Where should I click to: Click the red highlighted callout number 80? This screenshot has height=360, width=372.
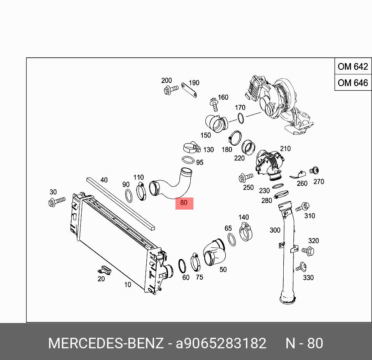(184, 203)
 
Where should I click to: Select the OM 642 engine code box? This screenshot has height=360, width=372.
(353, 67)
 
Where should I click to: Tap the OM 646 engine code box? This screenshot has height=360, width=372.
(353, 83)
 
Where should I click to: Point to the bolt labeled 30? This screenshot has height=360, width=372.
(56, 201)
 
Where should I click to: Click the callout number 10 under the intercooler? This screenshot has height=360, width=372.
(128, 285)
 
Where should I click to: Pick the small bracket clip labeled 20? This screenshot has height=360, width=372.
(104, 269)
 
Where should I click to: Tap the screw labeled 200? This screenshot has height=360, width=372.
(170, 90)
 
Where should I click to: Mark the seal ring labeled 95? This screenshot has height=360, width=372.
(189, 160)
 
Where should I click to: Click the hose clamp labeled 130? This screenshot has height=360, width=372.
(191, 148)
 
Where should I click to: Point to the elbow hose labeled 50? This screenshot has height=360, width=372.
(214, 253)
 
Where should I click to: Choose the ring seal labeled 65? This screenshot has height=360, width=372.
(232, 240)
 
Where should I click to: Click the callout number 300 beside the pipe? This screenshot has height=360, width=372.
(275, 230)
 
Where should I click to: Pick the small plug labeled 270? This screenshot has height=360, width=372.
(314, 170)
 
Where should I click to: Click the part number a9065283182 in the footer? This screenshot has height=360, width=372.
(221, 343)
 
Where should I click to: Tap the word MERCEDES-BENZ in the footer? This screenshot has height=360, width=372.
(105, 343)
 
